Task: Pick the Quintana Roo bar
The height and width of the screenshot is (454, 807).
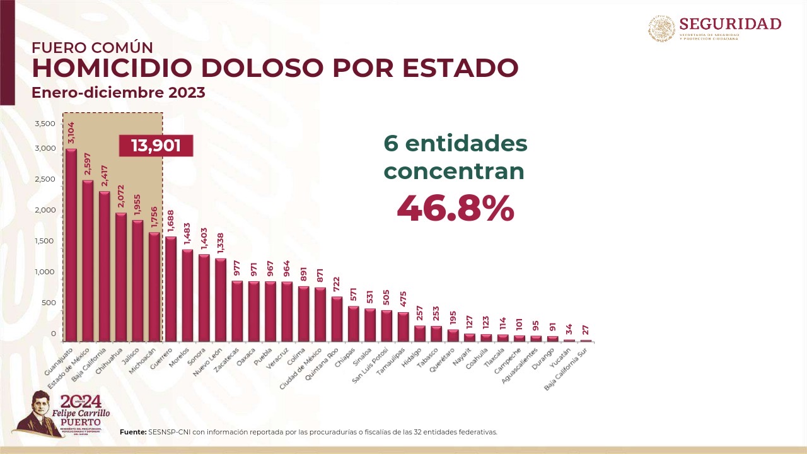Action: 337,318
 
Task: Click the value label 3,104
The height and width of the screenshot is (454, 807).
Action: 71,134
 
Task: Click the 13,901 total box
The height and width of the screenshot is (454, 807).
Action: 156,146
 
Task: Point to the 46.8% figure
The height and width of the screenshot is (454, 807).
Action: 455,208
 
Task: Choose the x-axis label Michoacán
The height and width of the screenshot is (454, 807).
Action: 143,360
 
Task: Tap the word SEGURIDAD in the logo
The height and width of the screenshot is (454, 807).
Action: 730,24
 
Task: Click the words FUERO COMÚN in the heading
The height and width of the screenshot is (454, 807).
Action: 92,47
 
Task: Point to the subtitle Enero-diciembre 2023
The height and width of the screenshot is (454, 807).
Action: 119,93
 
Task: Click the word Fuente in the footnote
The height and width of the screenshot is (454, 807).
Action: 132,432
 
